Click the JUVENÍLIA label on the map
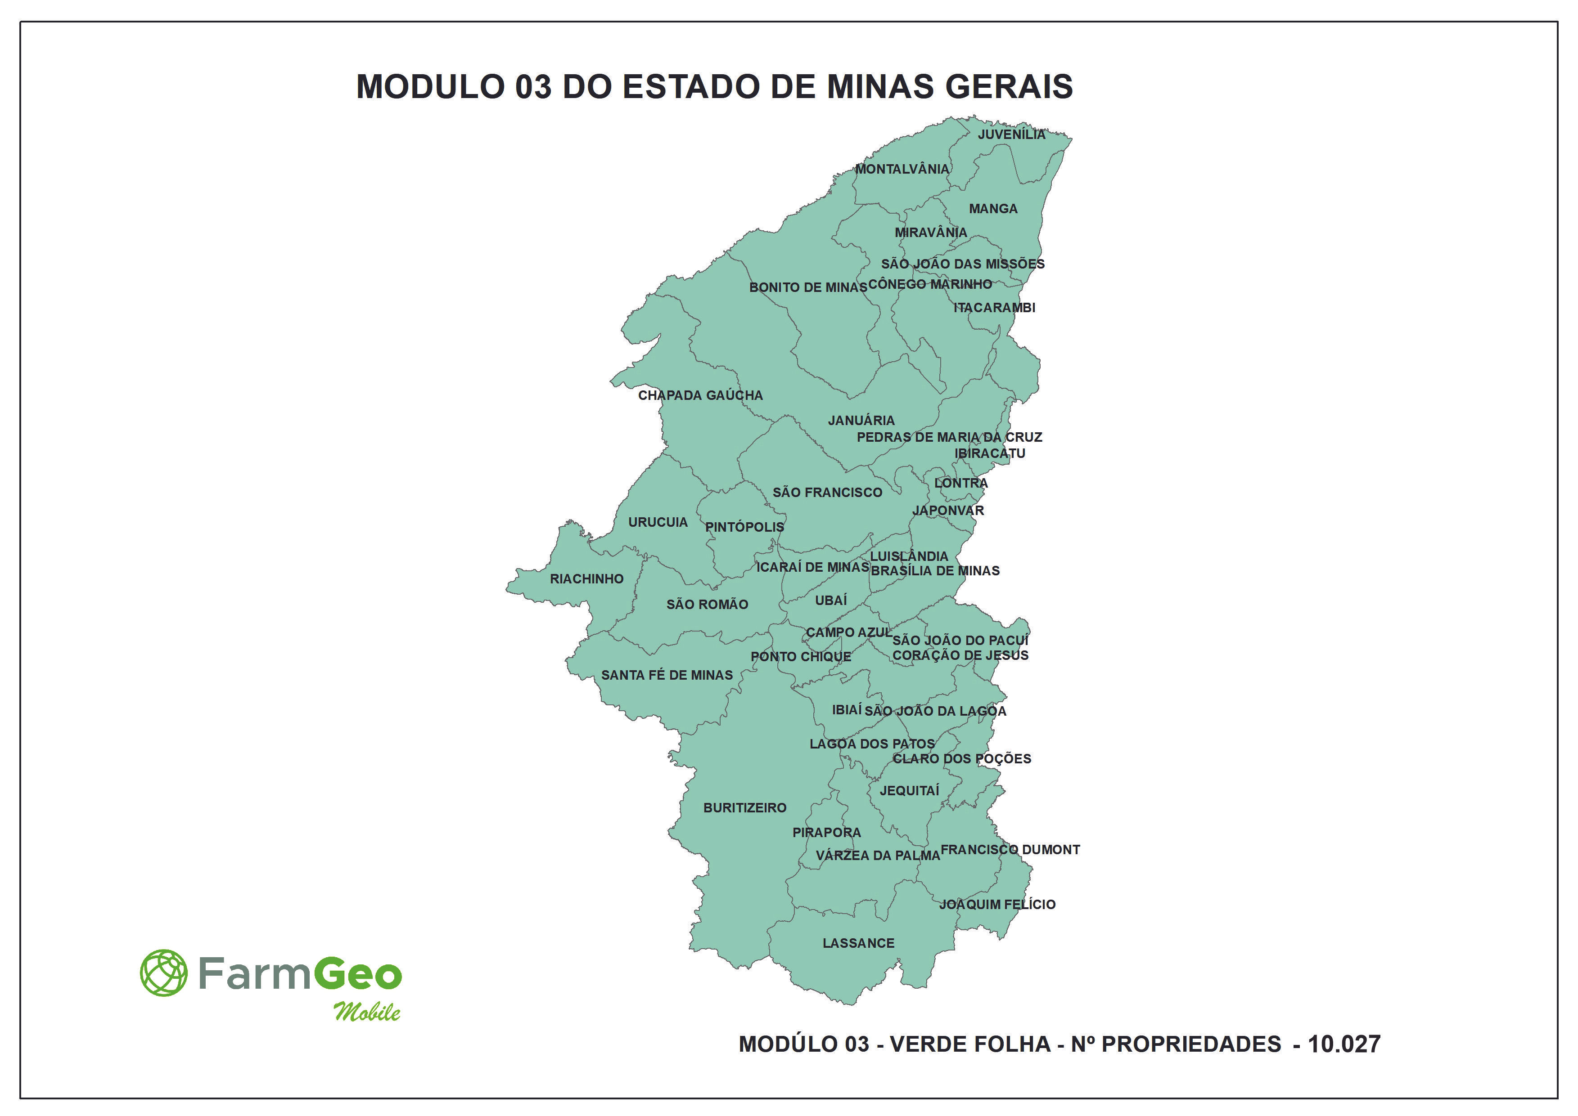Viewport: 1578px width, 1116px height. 1011,134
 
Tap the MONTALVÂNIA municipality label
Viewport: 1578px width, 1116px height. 902,169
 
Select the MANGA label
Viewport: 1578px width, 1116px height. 993,209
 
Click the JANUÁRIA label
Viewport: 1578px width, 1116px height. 861,421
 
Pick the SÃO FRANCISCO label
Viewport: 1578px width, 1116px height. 827,493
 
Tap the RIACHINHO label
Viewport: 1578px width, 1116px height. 586,579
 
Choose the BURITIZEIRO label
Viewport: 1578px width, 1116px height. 744,808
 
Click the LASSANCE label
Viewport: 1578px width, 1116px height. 858,944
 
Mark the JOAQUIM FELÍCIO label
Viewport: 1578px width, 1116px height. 997,905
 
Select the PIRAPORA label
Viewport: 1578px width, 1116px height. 826,833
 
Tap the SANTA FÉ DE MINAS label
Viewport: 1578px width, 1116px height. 667,676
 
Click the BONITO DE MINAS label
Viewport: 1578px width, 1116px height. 808,288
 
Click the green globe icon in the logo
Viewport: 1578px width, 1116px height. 164,973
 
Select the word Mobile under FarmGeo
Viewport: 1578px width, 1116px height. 367,1012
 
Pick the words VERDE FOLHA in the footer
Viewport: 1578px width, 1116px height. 970,1044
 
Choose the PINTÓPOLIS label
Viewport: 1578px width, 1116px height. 744,528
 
